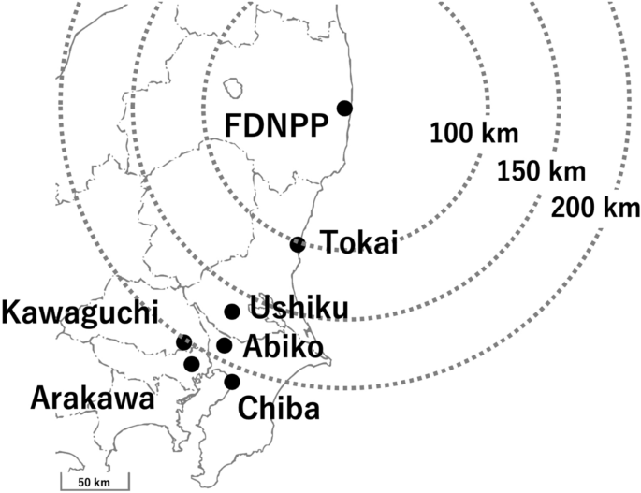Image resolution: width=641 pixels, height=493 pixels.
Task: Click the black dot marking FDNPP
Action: click(344, 109)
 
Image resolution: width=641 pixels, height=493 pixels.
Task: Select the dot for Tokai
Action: click(298, 244)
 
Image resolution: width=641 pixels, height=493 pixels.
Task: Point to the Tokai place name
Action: click(360, 244)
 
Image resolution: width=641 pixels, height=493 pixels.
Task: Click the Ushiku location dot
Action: click(232, 312)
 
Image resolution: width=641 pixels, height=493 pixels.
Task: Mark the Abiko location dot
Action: click(224, 345)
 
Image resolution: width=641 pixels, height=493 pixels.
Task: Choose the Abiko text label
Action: click(284, 347)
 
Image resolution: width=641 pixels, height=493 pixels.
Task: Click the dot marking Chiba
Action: click(232, 381)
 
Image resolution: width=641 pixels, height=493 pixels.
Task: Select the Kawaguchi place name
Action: click(80, 312)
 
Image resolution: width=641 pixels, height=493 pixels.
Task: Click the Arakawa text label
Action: click(92, 399)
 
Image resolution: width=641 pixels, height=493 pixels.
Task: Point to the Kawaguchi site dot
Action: click(183, 343)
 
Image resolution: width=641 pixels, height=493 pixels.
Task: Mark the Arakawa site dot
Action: click(192, 363)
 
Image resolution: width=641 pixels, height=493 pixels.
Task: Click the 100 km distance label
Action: click(473, 135)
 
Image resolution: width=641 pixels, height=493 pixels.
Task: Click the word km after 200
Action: click(619, 207)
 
